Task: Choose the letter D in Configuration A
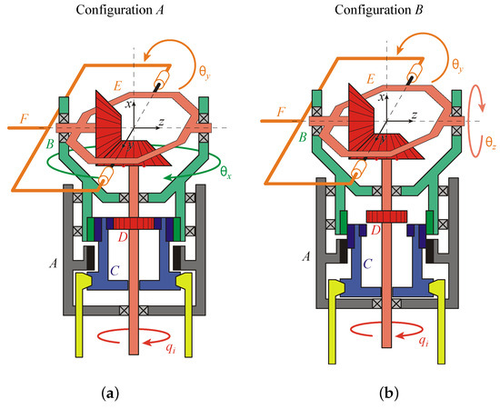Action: coord(137,239)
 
